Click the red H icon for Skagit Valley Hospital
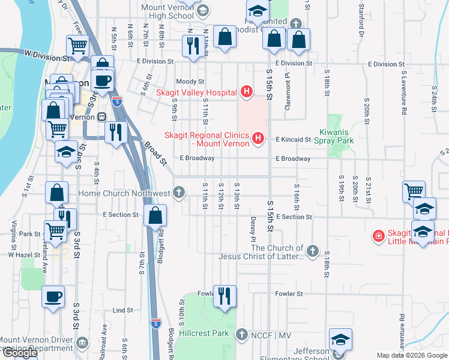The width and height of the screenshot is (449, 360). [246, 92]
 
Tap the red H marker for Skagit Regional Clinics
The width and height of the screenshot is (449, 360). [258, 139]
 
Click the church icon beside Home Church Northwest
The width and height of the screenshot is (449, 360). [178, 193]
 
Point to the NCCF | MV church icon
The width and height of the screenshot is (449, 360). [241, 334]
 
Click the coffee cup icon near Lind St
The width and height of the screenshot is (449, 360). [53, 296]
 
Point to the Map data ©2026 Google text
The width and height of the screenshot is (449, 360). [412, 355]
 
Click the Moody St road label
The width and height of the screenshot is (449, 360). [190, 82]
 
